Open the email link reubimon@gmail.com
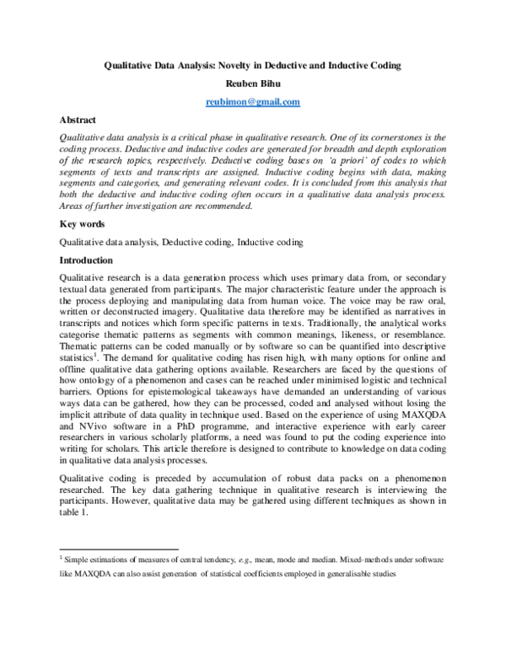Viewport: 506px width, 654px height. pyautogui.click(x=253, y=101)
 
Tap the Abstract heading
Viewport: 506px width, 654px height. pyautogui.click(x=77, y=121)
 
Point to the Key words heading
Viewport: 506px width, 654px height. pyautogui.click(x=80, y=224)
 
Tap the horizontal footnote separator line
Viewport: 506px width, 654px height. pyautogui.click(x=118, y=549)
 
